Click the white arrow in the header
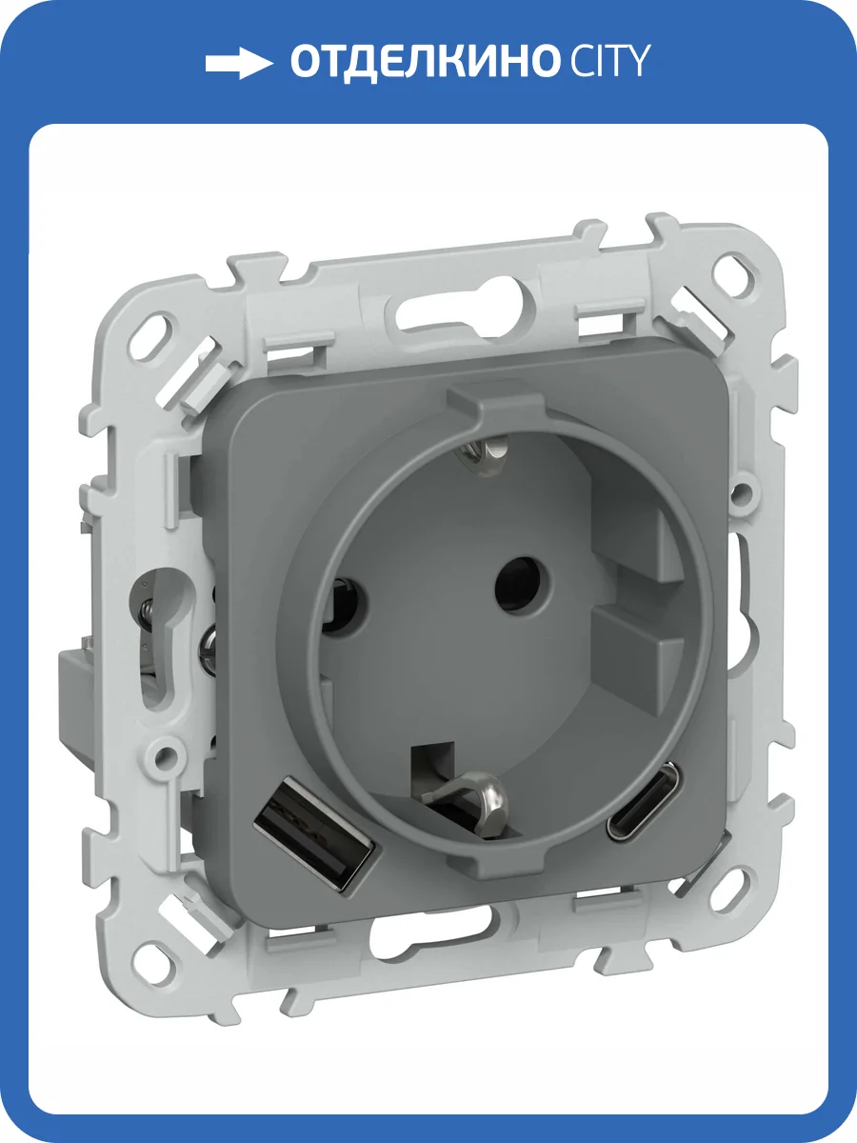point(239,64)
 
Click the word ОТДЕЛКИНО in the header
point(423,63)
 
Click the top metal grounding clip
point(481,450)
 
